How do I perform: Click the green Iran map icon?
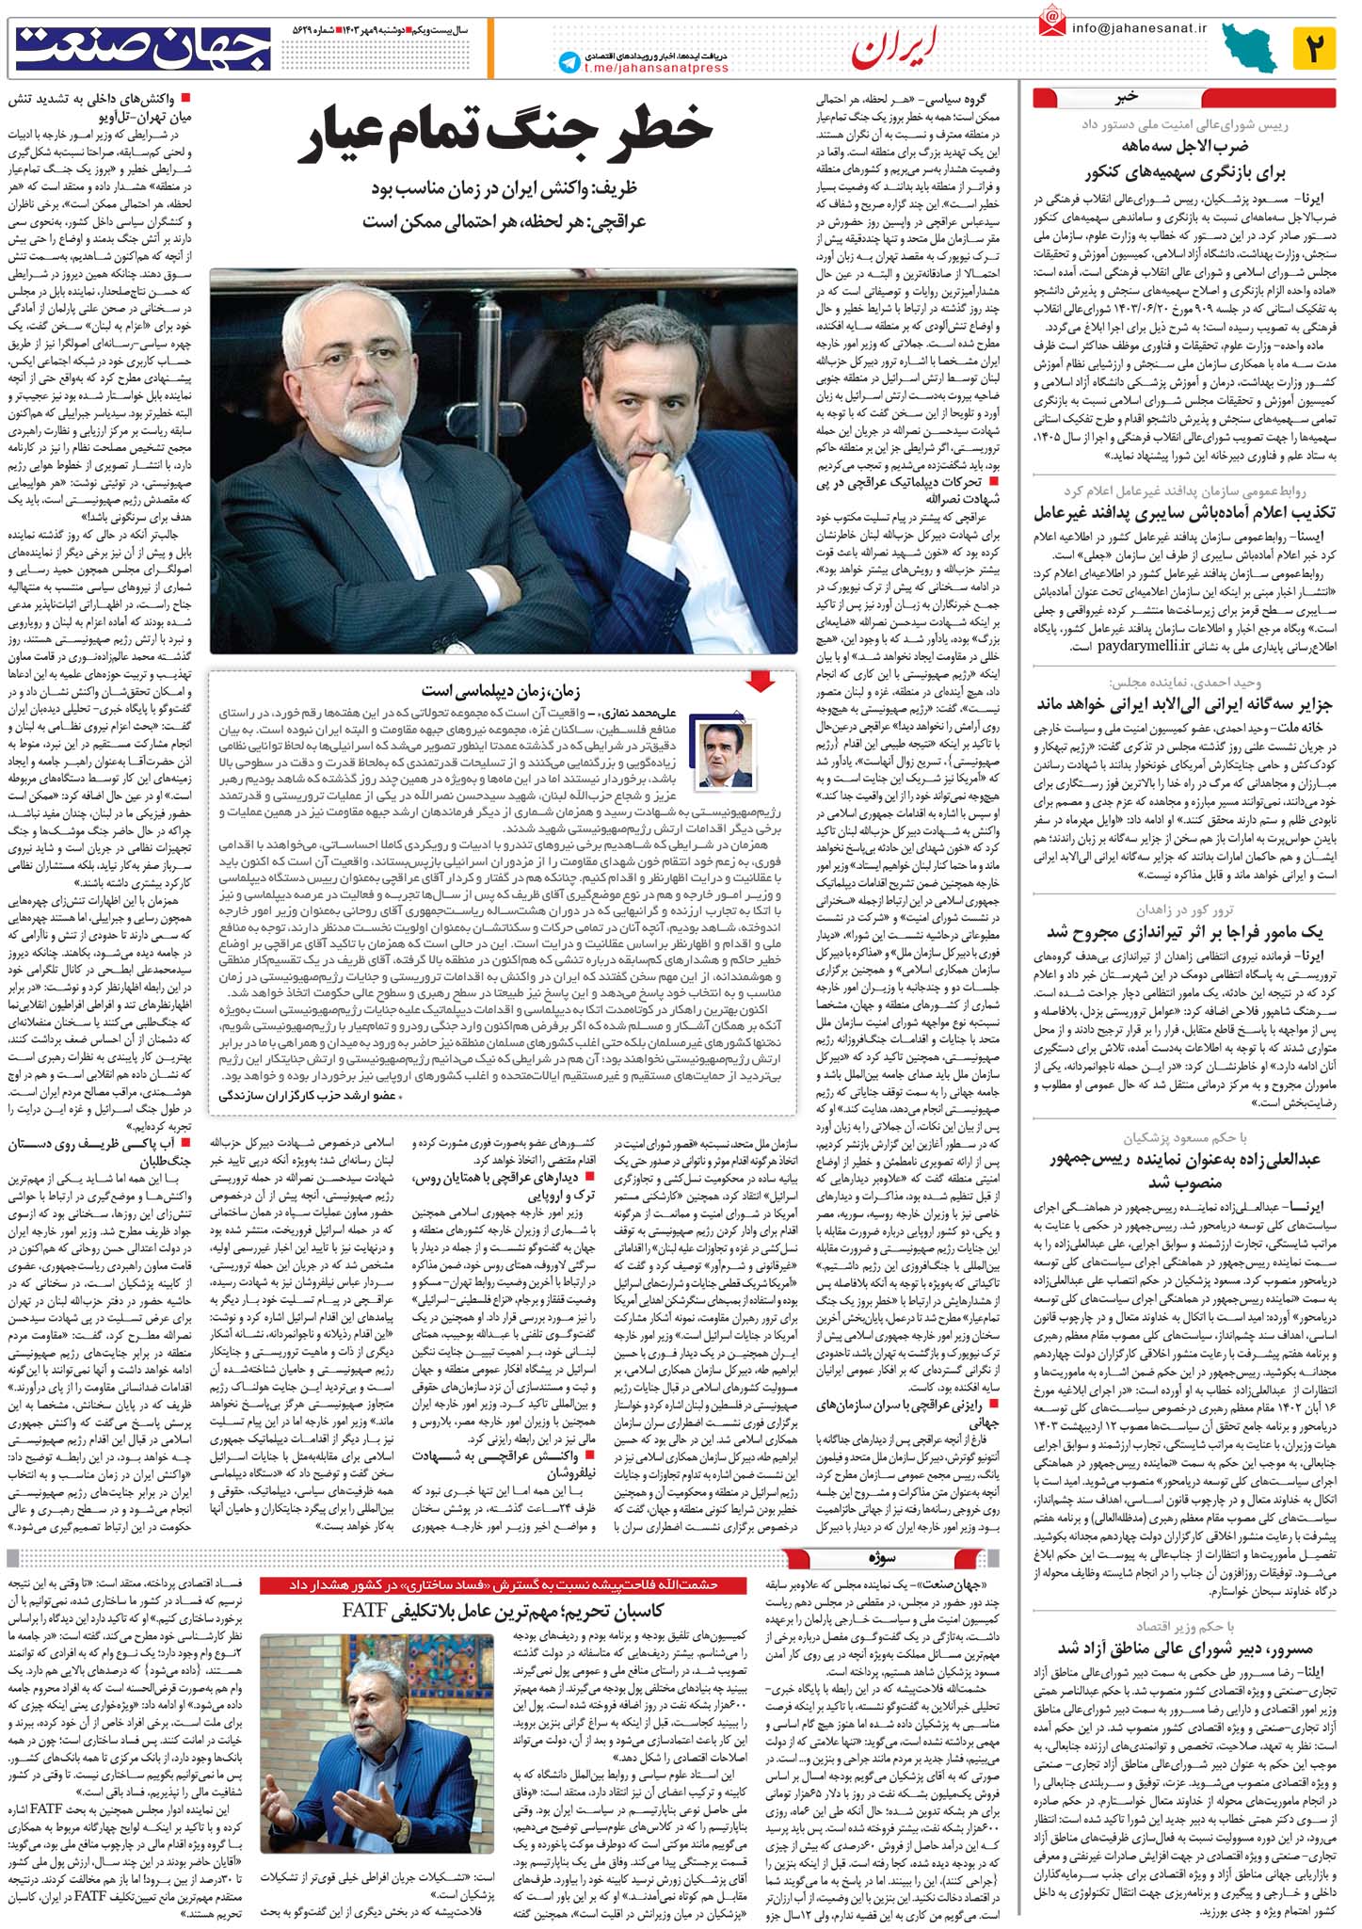click(x=1250, y=48)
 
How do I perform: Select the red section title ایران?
click(x=894, y=52)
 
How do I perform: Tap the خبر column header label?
click(x=1128, y=97)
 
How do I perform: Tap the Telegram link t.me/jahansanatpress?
click(x=656, y=68)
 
